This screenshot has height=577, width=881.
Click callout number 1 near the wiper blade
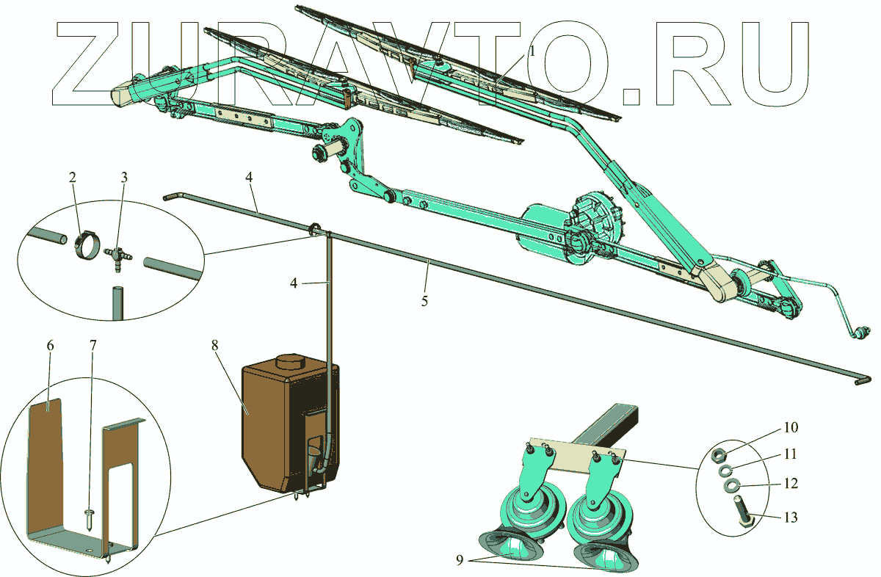532,51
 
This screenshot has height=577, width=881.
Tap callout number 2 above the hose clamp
73,178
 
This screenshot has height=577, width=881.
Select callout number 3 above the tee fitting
124,178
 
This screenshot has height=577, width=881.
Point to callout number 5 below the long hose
424,301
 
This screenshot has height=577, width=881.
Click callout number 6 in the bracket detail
50,346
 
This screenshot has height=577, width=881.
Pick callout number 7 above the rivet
93,346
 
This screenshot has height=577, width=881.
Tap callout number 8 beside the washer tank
214,345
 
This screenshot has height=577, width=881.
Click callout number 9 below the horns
460,560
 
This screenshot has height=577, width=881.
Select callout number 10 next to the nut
791,427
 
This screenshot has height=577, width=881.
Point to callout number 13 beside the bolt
791,518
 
